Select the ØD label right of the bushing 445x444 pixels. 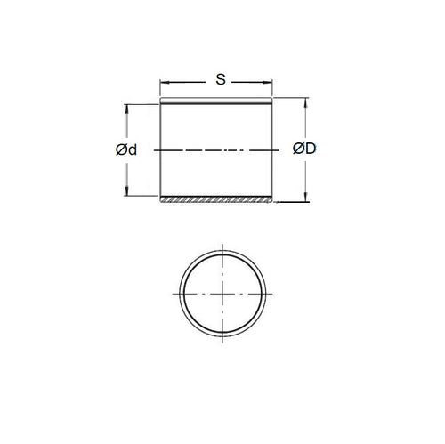303,149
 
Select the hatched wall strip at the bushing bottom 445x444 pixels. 216,198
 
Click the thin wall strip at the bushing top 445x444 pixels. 216,101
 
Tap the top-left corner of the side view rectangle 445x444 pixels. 160,98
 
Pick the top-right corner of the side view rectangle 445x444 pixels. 272,98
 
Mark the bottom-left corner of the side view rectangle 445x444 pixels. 160,202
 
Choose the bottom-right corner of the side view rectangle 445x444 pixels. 272,202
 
